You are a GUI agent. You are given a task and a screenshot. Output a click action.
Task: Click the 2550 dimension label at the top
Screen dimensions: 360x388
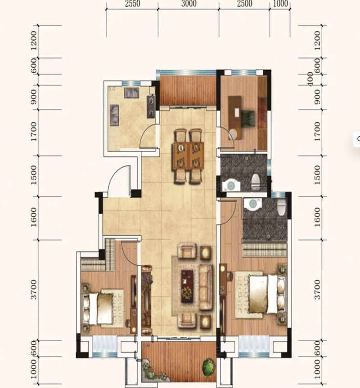tap(132, 4)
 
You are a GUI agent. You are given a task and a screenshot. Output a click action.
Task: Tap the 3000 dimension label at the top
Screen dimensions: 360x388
tap(189, 4)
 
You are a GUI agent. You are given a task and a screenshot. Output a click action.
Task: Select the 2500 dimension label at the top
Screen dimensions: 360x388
tap(245, 4)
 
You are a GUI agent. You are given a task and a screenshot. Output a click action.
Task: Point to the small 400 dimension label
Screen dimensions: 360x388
tap(310, 79)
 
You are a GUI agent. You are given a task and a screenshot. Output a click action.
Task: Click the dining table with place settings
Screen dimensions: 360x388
tap(189, 156)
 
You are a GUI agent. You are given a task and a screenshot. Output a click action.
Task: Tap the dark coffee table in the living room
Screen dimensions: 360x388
tap(187, 286)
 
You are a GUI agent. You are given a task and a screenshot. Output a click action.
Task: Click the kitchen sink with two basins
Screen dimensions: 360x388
tap(114, 114)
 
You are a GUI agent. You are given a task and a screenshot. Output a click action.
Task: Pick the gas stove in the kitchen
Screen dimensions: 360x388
tap(151, 107)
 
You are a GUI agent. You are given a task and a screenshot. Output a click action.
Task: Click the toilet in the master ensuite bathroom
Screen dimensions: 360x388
tap(282, 207)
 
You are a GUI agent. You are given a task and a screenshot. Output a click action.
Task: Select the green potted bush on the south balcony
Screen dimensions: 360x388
tap(209, 366)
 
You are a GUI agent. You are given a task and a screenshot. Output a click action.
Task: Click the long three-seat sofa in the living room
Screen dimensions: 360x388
tap(206, 287)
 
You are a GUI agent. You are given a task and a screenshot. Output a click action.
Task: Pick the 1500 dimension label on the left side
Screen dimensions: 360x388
tap(33, 175)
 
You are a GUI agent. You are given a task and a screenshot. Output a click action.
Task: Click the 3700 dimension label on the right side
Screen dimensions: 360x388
tap(317, 290)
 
